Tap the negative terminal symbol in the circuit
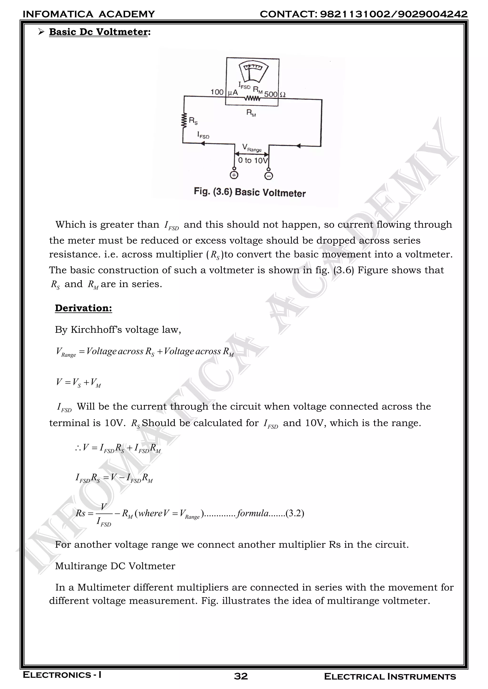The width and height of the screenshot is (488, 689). click(269, 176)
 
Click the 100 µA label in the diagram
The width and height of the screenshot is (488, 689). click(224, 92)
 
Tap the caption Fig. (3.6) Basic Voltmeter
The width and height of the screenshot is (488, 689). click(249, 192)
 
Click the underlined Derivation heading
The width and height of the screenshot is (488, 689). click(83, 308)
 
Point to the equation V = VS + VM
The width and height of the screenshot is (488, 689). click(78, 383)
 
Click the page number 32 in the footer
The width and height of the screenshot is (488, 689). click(241, 676)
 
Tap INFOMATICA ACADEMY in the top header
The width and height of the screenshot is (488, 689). click(89, 14)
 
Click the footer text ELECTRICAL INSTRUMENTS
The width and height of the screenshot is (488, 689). click(390, 676)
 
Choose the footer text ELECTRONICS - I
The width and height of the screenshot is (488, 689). click(62, 675)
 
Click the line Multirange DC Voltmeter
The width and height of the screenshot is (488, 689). click(115, 566)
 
